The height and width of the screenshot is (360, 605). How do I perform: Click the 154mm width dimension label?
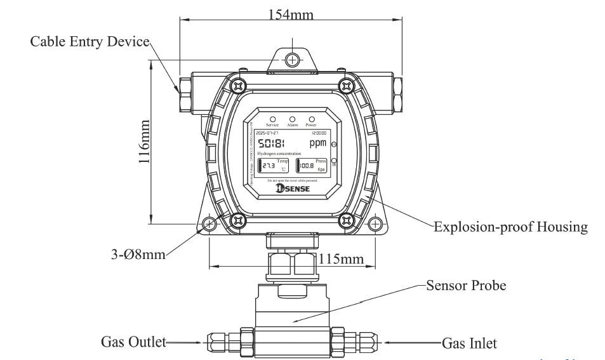point(291,15)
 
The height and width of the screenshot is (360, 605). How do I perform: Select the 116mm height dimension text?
point(145,143)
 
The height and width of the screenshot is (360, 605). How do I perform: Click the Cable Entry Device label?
point(90,42)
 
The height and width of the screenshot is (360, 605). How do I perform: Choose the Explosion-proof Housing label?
point(510,226)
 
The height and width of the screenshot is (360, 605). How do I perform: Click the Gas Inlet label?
point(469,343)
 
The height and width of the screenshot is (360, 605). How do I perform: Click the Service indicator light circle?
point(272,119)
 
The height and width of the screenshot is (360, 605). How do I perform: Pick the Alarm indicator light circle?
point(292,119)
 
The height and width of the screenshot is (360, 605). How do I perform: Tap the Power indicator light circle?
point(312,119)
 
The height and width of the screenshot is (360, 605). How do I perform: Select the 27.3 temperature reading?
point(269,166)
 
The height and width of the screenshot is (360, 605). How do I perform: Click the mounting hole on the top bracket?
point(292,60)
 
